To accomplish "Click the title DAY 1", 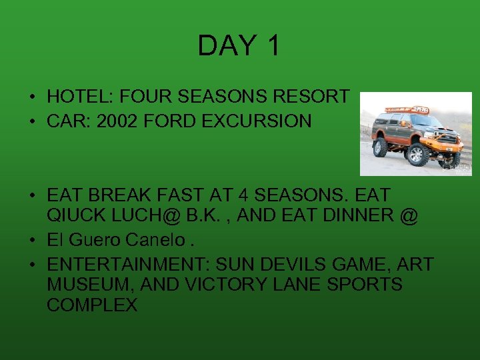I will click(x=239, y=45).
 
